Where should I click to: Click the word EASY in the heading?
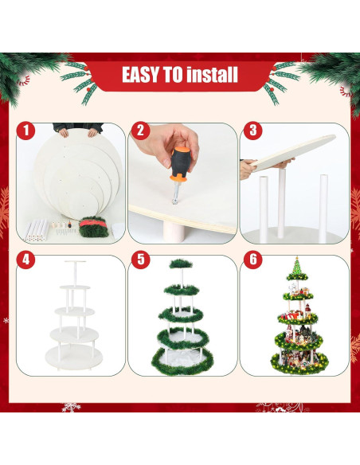[142, 76]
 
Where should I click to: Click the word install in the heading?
[211, 76]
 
